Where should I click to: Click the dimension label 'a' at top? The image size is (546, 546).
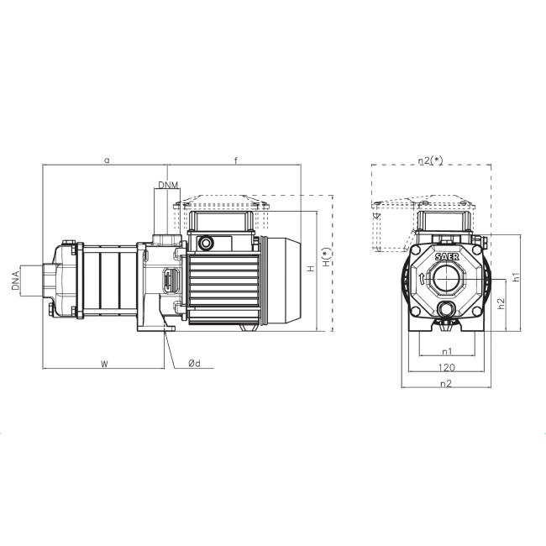click(x=108, y=160)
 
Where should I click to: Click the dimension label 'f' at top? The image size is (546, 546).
click(x=236, y=160)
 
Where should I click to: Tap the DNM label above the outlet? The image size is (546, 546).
click(x=168, y=185)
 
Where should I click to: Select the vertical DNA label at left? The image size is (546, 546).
click(x=15, y=281)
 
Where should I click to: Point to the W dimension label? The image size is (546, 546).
click(x=104, y=365)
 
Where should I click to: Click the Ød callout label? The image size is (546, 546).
click(x=195, y=364)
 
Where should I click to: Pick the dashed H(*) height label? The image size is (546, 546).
click(x=326, y=258)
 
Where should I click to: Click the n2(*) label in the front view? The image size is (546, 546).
click(x=431, y=160)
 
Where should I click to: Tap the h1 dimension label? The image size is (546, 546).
click(x=517, y=277)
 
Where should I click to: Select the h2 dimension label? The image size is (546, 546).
click(x=501, y=303)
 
